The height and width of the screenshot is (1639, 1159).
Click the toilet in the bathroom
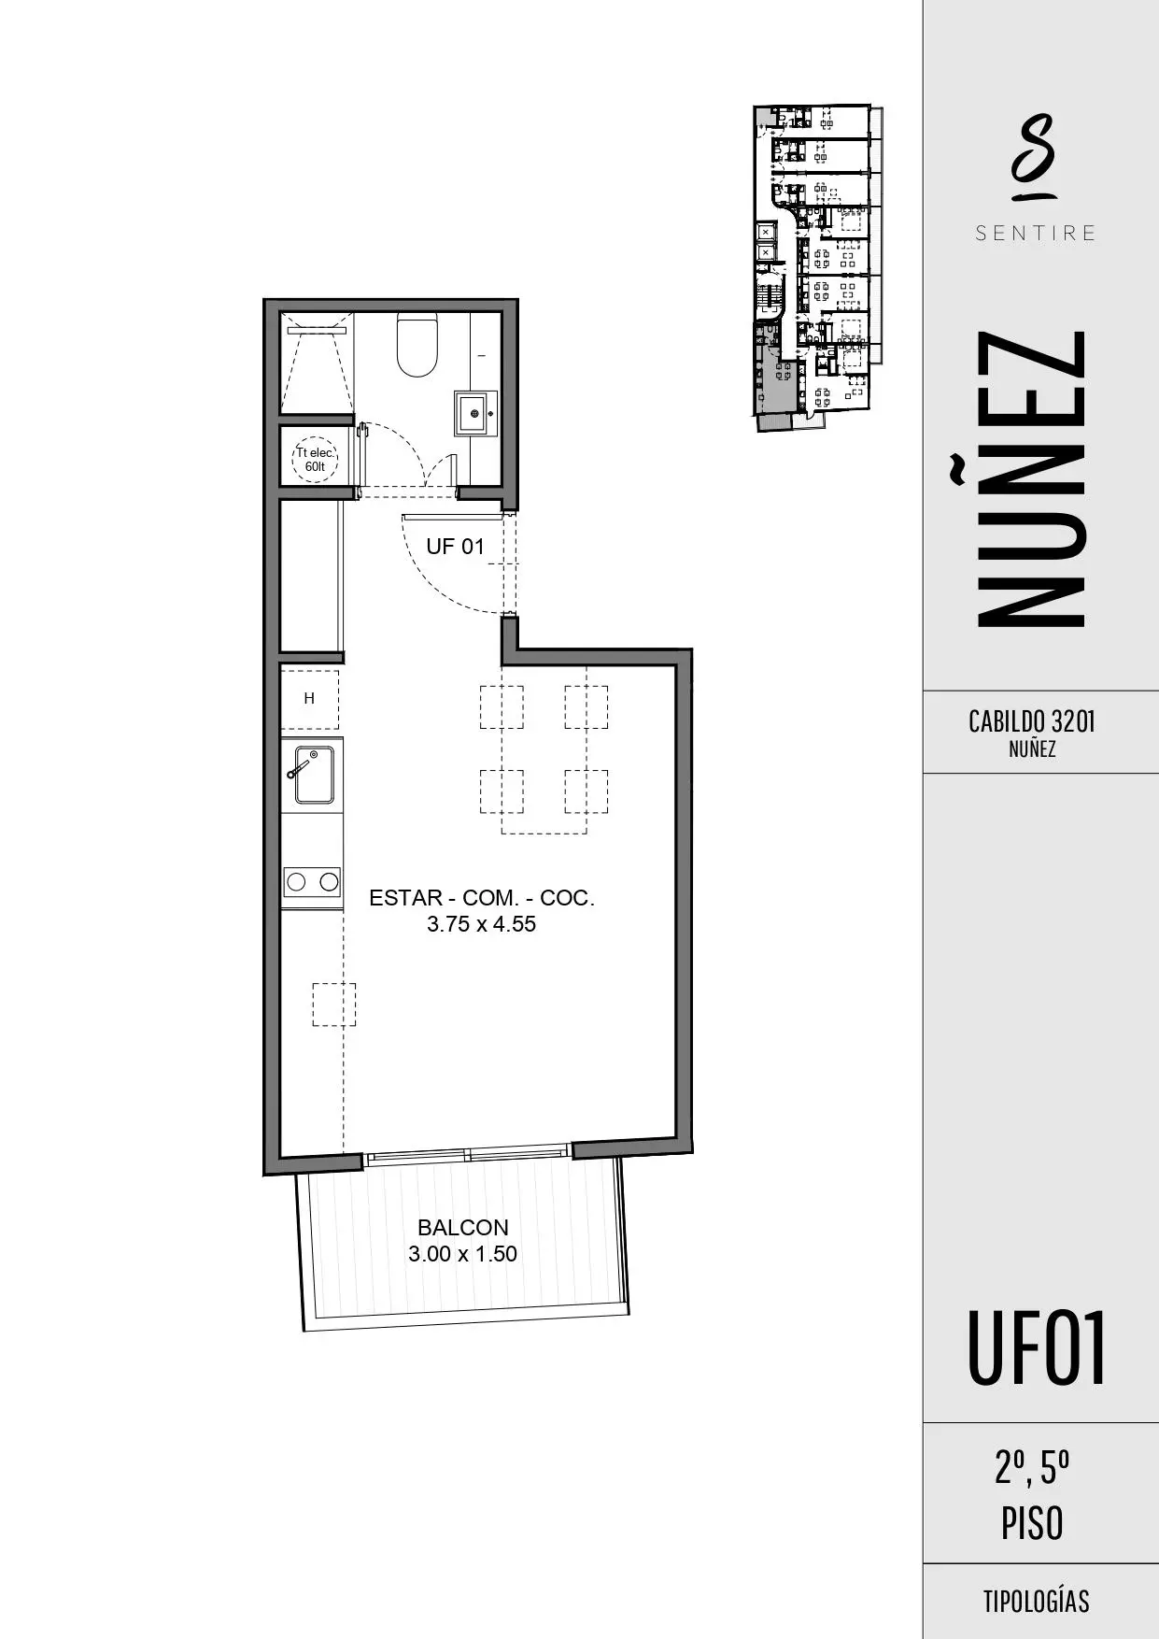point(417,345)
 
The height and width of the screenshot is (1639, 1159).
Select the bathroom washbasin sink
point(475,413)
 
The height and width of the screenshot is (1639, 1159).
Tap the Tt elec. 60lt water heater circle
point(315,460)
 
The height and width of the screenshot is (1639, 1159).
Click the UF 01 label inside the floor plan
point(455,547)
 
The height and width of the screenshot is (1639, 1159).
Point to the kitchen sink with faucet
point(314,774)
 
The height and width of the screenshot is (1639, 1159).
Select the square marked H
point(309,699)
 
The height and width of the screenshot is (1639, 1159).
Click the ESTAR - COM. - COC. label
point(482,898)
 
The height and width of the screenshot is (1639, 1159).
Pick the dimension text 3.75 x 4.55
point(482,925)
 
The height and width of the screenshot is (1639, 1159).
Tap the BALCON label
point(462,1228)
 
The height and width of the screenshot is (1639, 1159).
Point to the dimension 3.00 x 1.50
point(462,1254)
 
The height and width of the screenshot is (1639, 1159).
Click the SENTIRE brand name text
point(1036,233)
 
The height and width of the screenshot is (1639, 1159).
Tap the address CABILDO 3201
point(1032,721)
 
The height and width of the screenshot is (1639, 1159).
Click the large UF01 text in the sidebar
point(1037,1348)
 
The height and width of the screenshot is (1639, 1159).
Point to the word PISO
point(1032,1523)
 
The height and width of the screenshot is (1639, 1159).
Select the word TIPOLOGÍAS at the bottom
point(1036,1602)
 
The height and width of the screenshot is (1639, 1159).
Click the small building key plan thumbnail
point(816,267)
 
